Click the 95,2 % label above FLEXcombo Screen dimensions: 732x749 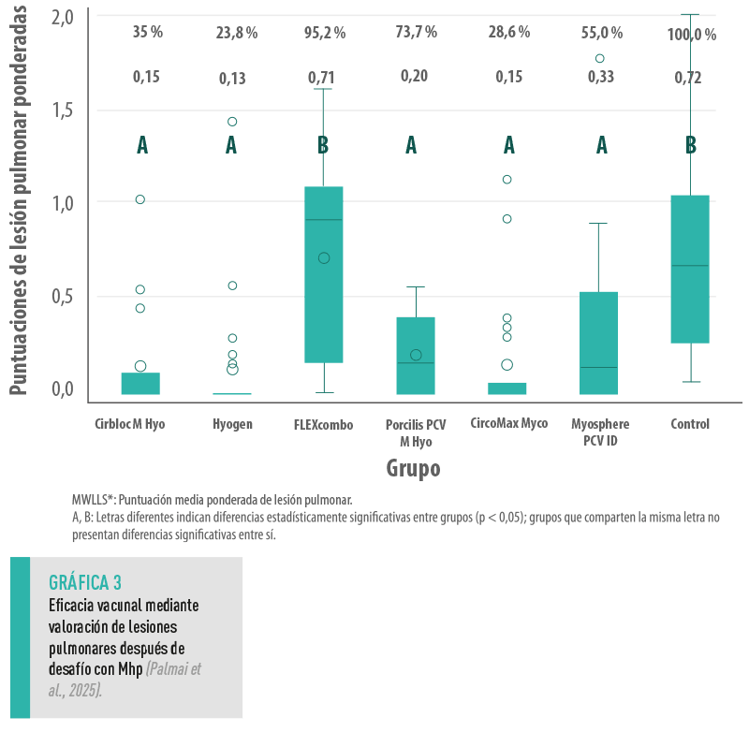324,33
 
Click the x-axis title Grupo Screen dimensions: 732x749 413,467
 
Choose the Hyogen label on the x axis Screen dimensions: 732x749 231,424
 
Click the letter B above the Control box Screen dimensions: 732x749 691,145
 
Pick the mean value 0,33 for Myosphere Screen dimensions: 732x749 600,77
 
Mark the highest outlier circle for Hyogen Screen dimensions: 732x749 232,122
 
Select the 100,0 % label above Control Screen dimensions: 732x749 691,35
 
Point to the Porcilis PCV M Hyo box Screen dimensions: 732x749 416,355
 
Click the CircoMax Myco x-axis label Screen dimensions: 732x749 508,423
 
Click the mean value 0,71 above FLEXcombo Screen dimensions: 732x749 324,77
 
